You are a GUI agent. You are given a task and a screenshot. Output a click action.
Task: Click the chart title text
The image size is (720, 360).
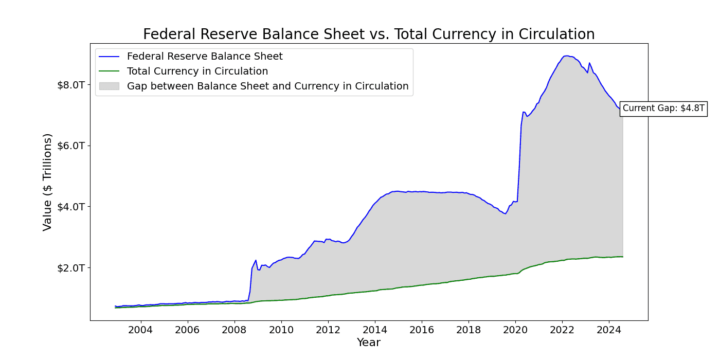pyautogui.click(x=369, y=34)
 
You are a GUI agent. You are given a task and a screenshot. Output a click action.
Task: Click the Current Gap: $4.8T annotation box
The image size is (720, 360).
pyautogui.click(x=663, y=109)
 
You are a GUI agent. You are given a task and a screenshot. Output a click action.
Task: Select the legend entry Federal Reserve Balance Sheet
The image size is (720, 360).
pyautogui.click(x=205, y=57)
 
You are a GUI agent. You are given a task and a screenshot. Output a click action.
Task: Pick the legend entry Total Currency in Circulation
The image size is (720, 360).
pyautogui.click(x=197, y=71)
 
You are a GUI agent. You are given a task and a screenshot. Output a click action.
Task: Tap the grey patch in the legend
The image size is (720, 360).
pyautogui.click(x=109, y=86)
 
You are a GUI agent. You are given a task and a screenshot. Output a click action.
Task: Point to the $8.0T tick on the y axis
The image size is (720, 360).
pyautogui.click(x=71, y=84)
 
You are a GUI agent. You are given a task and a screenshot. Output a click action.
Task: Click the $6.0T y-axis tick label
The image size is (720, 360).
pyautogui.click(x=71, y=146)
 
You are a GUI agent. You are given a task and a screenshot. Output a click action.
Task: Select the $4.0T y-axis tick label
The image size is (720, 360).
pyautogui.click(x=71, y=207)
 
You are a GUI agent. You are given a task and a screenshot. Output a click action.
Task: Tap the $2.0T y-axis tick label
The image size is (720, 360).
pyautogui.click(x=71, y=268)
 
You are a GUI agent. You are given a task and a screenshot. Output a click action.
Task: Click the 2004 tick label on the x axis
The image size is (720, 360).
pyautogui.click(x=140, y=329)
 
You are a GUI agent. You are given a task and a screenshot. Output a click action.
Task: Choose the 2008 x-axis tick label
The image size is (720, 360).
pyautogui.click(x=234, y=329)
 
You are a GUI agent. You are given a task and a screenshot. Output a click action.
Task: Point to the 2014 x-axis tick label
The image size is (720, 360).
pyautogui.click(x=375, y=329)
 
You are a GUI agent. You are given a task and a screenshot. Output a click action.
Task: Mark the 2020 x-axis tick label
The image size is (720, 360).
pyautogui.click(x=515, y=329)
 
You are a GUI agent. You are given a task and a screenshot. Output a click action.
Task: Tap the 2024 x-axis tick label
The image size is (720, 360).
pyautogui.click(x=609, y=329)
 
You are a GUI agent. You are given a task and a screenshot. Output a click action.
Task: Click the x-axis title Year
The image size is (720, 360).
pyautogui.click(x=369, y=343)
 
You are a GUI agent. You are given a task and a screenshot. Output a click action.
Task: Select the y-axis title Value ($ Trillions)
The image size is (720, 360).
pyautogui.click(x=47, y=182)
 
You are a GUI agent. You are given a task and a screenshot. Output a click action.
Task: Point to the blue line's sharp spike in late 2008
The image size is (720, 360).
pyautogui.click(x=256, y=260)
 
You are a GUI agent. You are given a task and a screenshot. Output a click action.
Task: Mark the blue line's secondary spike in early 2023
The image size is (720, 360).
pyautogui.click(x=589, y=63)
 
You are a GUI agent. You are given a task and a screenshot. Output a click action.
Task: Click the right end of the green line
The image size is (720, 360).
pyautogui.click(x=622, y=257)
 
